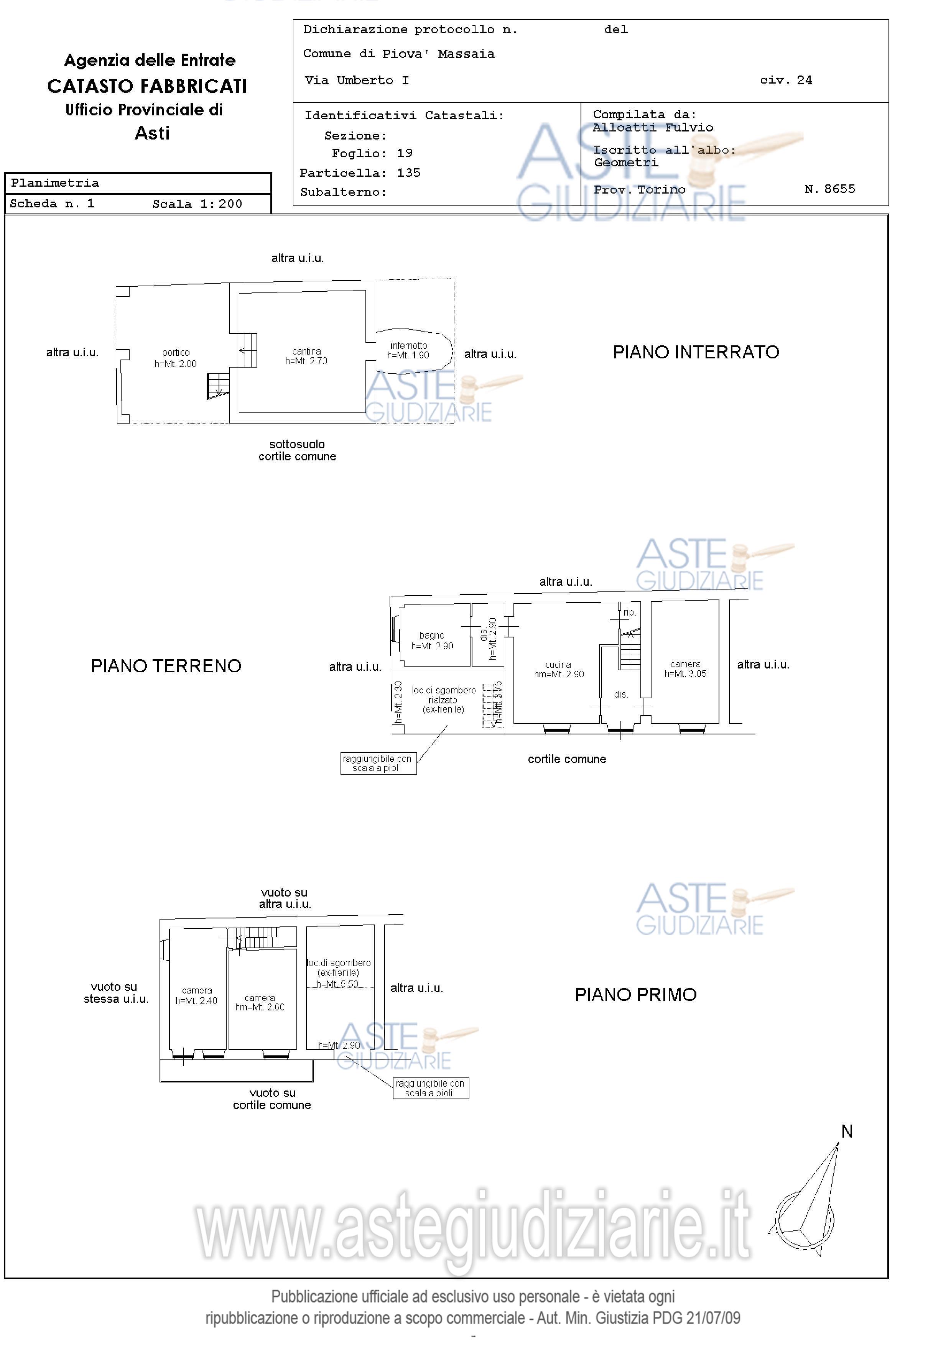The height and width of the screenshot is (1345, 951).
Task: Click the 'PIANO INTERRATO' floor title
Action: click(696, 352)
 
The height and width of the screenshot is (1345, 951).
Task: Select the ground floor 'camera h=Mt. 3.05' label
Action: click(685, 668)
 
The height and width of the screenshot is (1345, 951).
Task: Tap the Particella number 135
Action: click(408, 173)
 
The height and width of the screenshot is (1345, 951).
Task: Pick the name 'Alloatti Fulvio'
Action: click(653, 128)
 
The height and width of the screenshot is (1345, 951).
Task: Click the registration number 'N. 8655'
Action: click(830, 189)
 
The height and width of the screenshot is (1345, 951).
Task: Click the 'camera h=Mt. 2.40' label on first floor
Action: click(196, 996)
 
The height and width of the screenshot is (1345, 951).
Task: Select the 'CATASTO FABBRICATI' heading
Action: click(147, 86)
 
